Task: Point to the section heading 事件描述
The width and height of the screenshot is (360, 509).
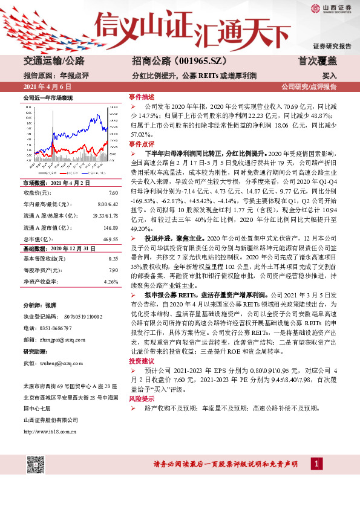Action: (142, 97)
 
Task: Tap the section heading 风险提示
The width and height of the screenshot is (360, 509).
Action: (142, 400)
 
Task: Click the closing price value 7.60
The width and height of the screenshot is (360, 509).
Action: (113, 192)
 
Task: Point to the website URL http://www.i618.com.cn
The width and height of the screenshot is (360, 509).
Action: (49, 431)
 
